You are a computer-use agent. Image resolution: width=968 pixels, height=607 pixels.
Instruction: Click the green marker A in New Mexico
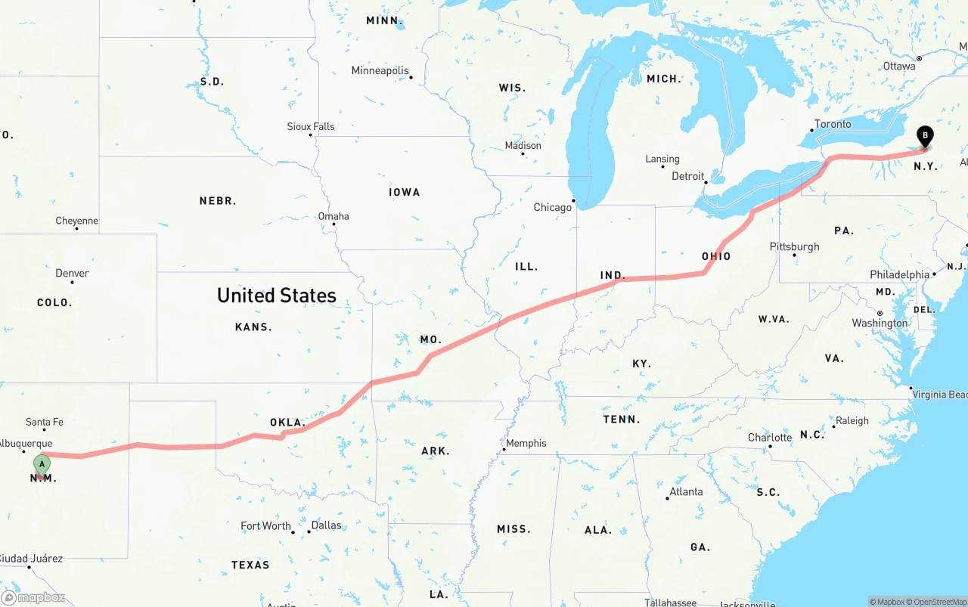click(x=42, y=463)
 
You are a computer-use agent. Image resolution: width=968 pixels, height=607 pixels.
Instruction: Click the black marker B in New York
click(x=924, y=135)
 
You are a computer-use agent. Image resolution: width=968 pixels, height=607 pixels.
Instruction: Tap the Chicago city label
click(x=553, y=207)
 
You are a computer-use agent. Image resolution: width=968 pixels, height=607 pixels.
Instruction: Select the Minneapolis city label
click(x=380, y=70)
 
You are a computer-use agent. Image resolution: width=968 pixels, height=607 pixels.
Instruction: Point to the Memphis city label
click(x=526, y=443)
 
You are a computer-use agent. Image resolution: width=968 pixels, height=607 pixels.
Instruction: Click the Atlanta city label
click(x=686, y=491)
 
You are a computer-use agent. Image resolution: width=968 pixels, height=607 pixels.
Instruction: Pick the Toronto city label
click(x=833, y=124)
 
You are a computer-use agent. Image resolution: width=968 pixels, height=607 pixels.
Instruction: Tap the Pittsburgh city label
click(x=794, y=246)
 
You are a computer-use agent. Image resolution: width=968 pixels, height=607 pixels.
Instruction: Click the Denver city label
click(x=72, y=273)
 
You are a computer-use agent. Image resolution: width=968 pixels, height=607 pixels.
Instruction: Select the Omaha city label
click(x=334, y=216)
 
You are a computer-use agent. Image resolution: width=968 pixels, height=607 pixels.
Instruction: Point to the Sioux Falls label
click(x=311, y=126)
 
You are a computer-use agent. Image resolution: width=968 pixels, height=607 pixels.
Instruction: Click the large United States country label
click(x=277, y=295)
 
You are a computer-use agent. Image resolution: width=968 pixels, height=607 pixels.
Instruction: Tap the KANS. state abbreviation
click(x=253, y=327)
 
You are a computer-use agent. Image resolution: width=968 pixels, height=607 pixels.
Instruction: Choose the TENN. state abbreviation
click(x=622, y=419)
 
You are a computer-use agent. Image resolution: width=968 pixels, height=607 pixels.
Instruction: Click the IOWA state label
click(x=405, y=192)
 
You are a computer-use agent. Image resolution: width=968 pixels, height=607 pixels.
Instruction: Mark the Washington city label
click(x=880, y=323)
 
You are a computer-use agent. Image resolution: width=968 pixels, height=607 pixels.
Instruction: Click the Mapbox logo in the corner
click(x=33, y=598)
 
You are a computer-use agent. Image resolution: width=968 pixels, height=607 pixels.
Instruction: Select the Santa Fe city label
click(x=45, y=422)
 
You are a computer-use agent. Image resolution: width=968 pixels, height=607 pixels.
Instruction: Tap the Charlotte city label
click(x=770, y=437)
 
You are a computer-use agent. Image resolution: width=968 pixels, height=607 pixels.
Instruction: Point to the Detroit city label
click(x=688, y=176)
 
